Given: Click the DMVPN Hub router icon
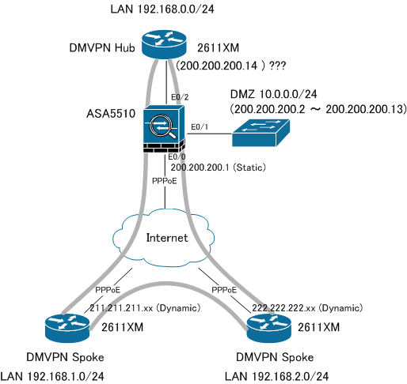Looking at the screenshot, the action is click(164, 44).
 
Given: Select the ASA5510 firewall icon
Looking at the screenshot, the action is click(164, 129).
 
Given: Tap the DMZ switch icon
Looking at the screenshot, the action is click(261, 133).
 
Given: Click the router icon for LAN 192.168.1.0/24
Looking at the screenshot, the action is click(67, 329).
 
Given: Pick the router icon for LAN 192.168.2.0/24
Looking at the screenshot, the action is click(269, 329).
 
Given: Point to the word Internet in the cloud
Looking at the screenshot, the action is click(167, 238).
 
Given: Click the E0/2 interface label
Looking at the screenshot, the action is click(180, 97).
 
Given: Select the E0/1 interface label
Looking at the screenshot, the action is click(200, 127).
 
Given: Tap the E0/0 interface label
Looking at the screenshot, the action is click(177, 156).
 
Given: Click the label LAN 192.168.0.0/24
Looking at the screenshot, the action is click(162, 9).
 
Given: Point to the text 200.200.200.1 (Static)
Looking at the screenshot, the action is click(218, 168).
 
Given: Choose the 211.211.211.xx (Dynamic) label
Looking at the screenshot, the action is click(145, 308).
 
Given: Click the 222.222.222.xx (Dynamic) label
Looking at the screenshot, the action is click(307, 308).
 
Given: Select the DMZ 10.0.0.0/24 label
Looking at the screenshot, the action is click(274, 94).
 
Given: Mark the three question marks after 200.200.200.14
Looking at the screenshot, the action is click(277, 66).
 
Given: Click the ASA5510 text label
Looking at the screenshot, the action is click(111, 114).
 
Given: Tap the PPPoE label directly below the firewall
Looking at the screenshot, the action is click(165, 181).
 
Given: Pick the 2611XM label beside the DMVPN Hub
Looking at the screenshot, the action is click(218, 48).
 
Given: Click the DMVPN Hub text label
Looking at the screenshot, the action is click(102, 48).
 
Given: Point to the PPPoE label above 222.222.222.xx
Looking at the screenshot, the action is click(224, 290).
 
